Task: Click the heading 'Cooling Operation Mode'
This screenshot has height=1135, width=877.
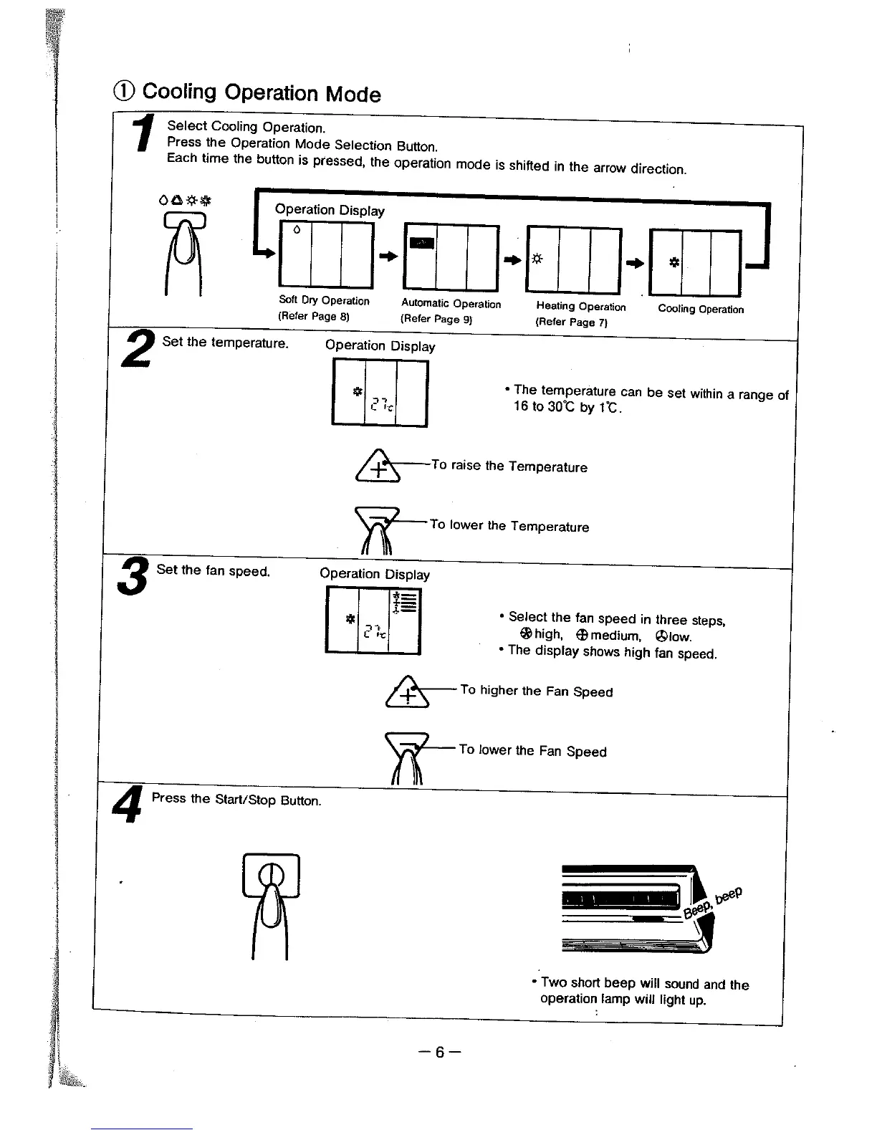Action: click(261, 92)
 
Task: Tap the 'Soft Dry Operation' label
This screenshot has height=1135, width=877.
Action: click(324, 301)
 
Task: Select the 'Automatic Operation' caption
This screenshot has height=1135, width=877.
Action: click(451, 304)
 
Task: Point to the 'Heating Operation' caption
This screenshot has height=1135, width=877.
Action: click(580, 307)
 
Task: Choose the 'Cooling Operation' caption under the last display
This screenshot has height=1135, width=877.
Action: click(700, 310)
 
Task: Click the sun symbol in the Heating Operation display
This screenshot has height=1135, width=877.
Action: click(537, 259)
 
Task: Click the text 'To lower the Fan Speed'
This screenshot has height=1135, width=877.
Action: click(532, 750)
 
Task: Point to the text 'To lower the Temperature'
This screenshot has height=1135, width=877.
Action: click(509, 526)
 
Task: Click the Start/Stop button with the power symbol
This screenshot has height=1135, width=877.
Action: click(271, 875)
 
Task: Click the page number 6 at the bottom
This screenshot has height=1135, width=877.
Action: click(439, 1052)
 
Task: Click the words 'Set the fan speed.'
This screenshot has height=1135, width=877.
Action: click(213, 571)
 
